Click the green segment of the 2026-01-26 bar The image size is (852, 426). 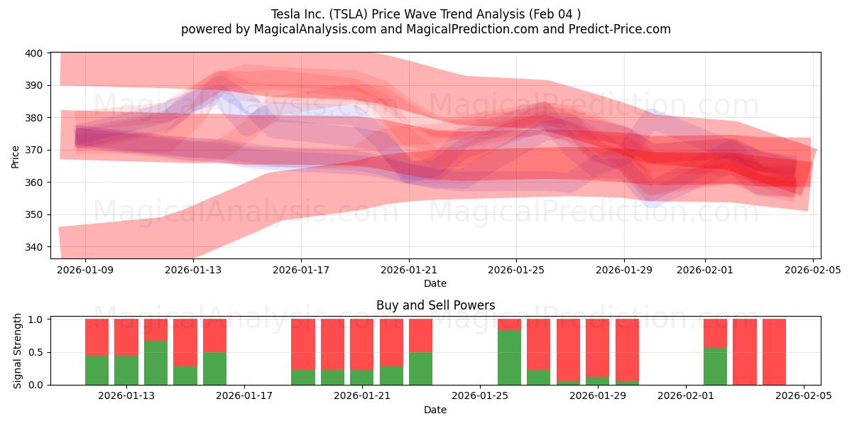(x=509, y=357)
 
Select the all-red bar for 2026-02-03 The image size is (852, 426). (x=745, y=351)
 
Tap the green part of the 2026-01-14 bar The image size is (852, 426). (x=155, y=363)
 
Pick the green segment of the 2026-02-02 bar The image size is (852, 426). (x=715, y=366)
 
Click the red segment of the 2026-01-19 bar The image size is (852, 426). (x=303, y=344)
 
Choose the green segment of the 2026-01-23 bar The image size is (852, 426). (x=420, y=368)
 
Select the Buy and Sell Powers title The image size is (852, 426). (x=435, y=305)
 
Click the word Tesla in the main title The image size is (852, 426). (x=285, y=13)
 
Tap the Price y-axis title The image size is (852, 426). (x=15, y=155)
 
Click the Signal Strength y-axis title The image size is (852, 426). (x=17, y=351)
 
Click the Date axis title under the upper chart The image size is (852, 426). (x=435, y=283)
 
